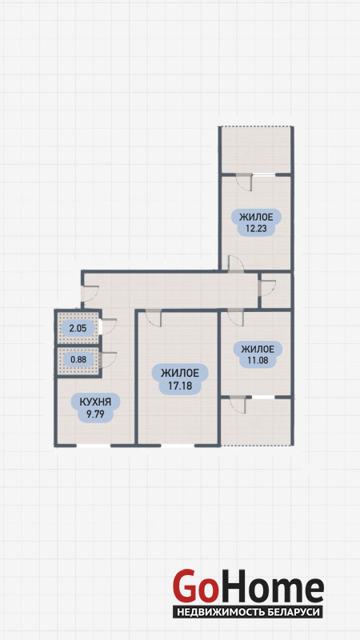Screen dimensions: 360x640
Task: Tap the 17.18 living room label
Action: pyautogui.click(x=180, y=378)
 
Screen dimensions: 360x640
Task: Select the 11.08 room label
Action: pyautogui.click(x=257, y=354)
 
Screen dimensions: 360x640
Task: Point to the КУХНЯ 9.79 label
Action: pyautogui.click(x=94, y=407)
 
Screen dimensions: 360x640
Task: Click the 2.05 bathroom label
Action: pyautogui.click(x=77, y=328)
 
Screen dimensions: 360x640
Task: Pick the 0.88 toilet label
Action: pyautogui.click(x=78, y=359)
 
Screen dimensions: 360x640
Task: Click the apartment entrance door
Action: pyautogui.click(x=90, y=294)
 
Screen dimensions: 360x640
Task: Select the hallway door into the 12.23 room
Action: pyautogui.click(x=235, y=264)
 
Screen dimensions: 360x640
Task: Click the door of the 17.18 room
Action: pyautogui.click(x=154, y=318)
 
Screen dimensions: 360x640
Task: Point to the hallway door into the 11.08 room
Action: pyautogui.click(x=235, y=318)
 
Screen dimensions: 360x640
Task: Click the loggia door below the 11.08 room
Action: pyautogui.click(x=238, y=405)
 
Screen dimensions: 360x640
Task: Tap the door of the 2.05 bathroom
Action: pyautogui.click(x=108, y=326)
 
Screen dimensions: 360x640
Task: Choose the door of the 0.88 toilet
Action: pyautogui.click(x=108, y=359)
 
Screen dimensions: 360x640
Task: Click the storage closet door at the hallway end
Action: pyautogui.click(x=267, y=288)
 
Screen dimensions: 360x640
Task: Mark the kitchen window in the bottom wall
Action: pyautogui.click(x=94, y=446)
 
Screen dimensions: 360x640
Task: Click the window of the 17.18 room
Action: pyautogui.click(x=178, y=446)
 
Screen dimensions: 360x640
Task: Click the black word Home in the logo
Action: pyautogui.click(x=270, y=586)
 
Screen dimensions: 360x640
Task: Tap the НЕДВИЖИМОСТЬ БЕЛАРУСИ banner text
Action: pyautogui.click(x=248, y=612)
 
